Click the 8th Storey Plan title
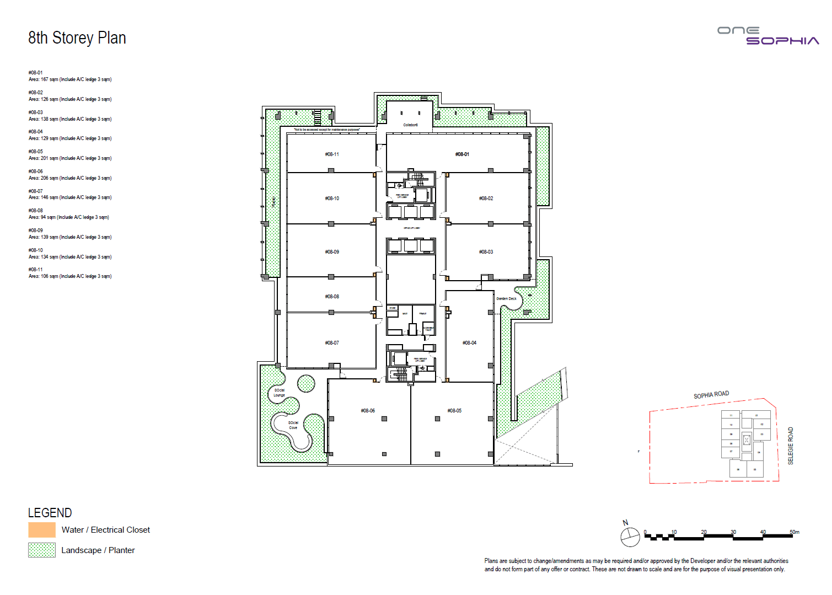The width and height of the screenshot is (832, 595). pyautogui.click(x=77, y=38)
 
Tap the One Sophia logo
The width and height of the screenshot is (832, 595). pyautogui.click(x=767, y=36)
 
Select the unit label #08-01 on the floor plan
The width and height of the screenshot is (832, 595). pyautogui.click(x=462, y=154)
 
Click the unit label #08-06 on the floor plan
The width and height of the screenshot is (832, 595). pyautogui.click(x=368, y=411)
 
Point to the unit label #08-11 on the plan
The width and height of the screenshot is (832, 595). pyautogui.click(x=332, y=154)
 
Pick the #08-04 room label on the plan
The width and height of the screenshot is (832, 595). pyautogui.click(x=469, y=343)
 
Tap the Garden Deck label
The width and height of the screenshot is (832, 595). pyautogui.click(x=506, y=299)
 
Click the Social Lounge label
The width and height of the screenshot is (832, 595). pyautogui.click(x=280, y=393)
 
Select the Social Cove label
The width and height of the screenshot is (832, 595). pyautogui.click(x=293, y=425)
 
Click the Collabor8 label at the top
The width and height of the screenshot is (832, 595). pyautogui.click(x=410, y=125)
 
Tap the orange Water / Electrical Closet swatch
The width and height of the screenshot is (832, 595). pyautogui.click(x=42, y=530)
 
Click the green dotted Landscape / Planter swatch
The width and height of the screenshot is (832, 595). pyautogui.click(x=42, y=550)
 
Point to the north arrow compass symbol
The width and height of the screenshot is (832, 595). pyautogui.click(x=630, y=536)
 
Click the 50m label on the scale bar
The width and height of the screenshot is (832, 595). pyautogui.click(x=794, y=532)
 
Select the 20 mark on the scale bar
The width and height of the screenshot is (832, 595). pyautogui.click(x=704, y=532)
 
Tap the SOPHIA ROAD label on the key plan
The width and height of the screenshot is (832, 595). pyautogui.click(x=711, y=395)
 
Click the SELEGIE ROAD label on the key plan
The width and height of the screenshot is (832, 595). pyautogui.click(x=790, y=446)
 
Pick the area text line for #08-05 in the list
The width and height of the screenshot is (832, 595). pyautogui.click(x=70, y=158)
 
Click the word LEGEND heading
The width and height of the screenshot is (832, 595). pyautogui.click(x=50, y=513)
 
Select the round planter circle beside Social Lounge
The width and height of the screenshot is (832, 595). pyautogui.click(x=306, y=383)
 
